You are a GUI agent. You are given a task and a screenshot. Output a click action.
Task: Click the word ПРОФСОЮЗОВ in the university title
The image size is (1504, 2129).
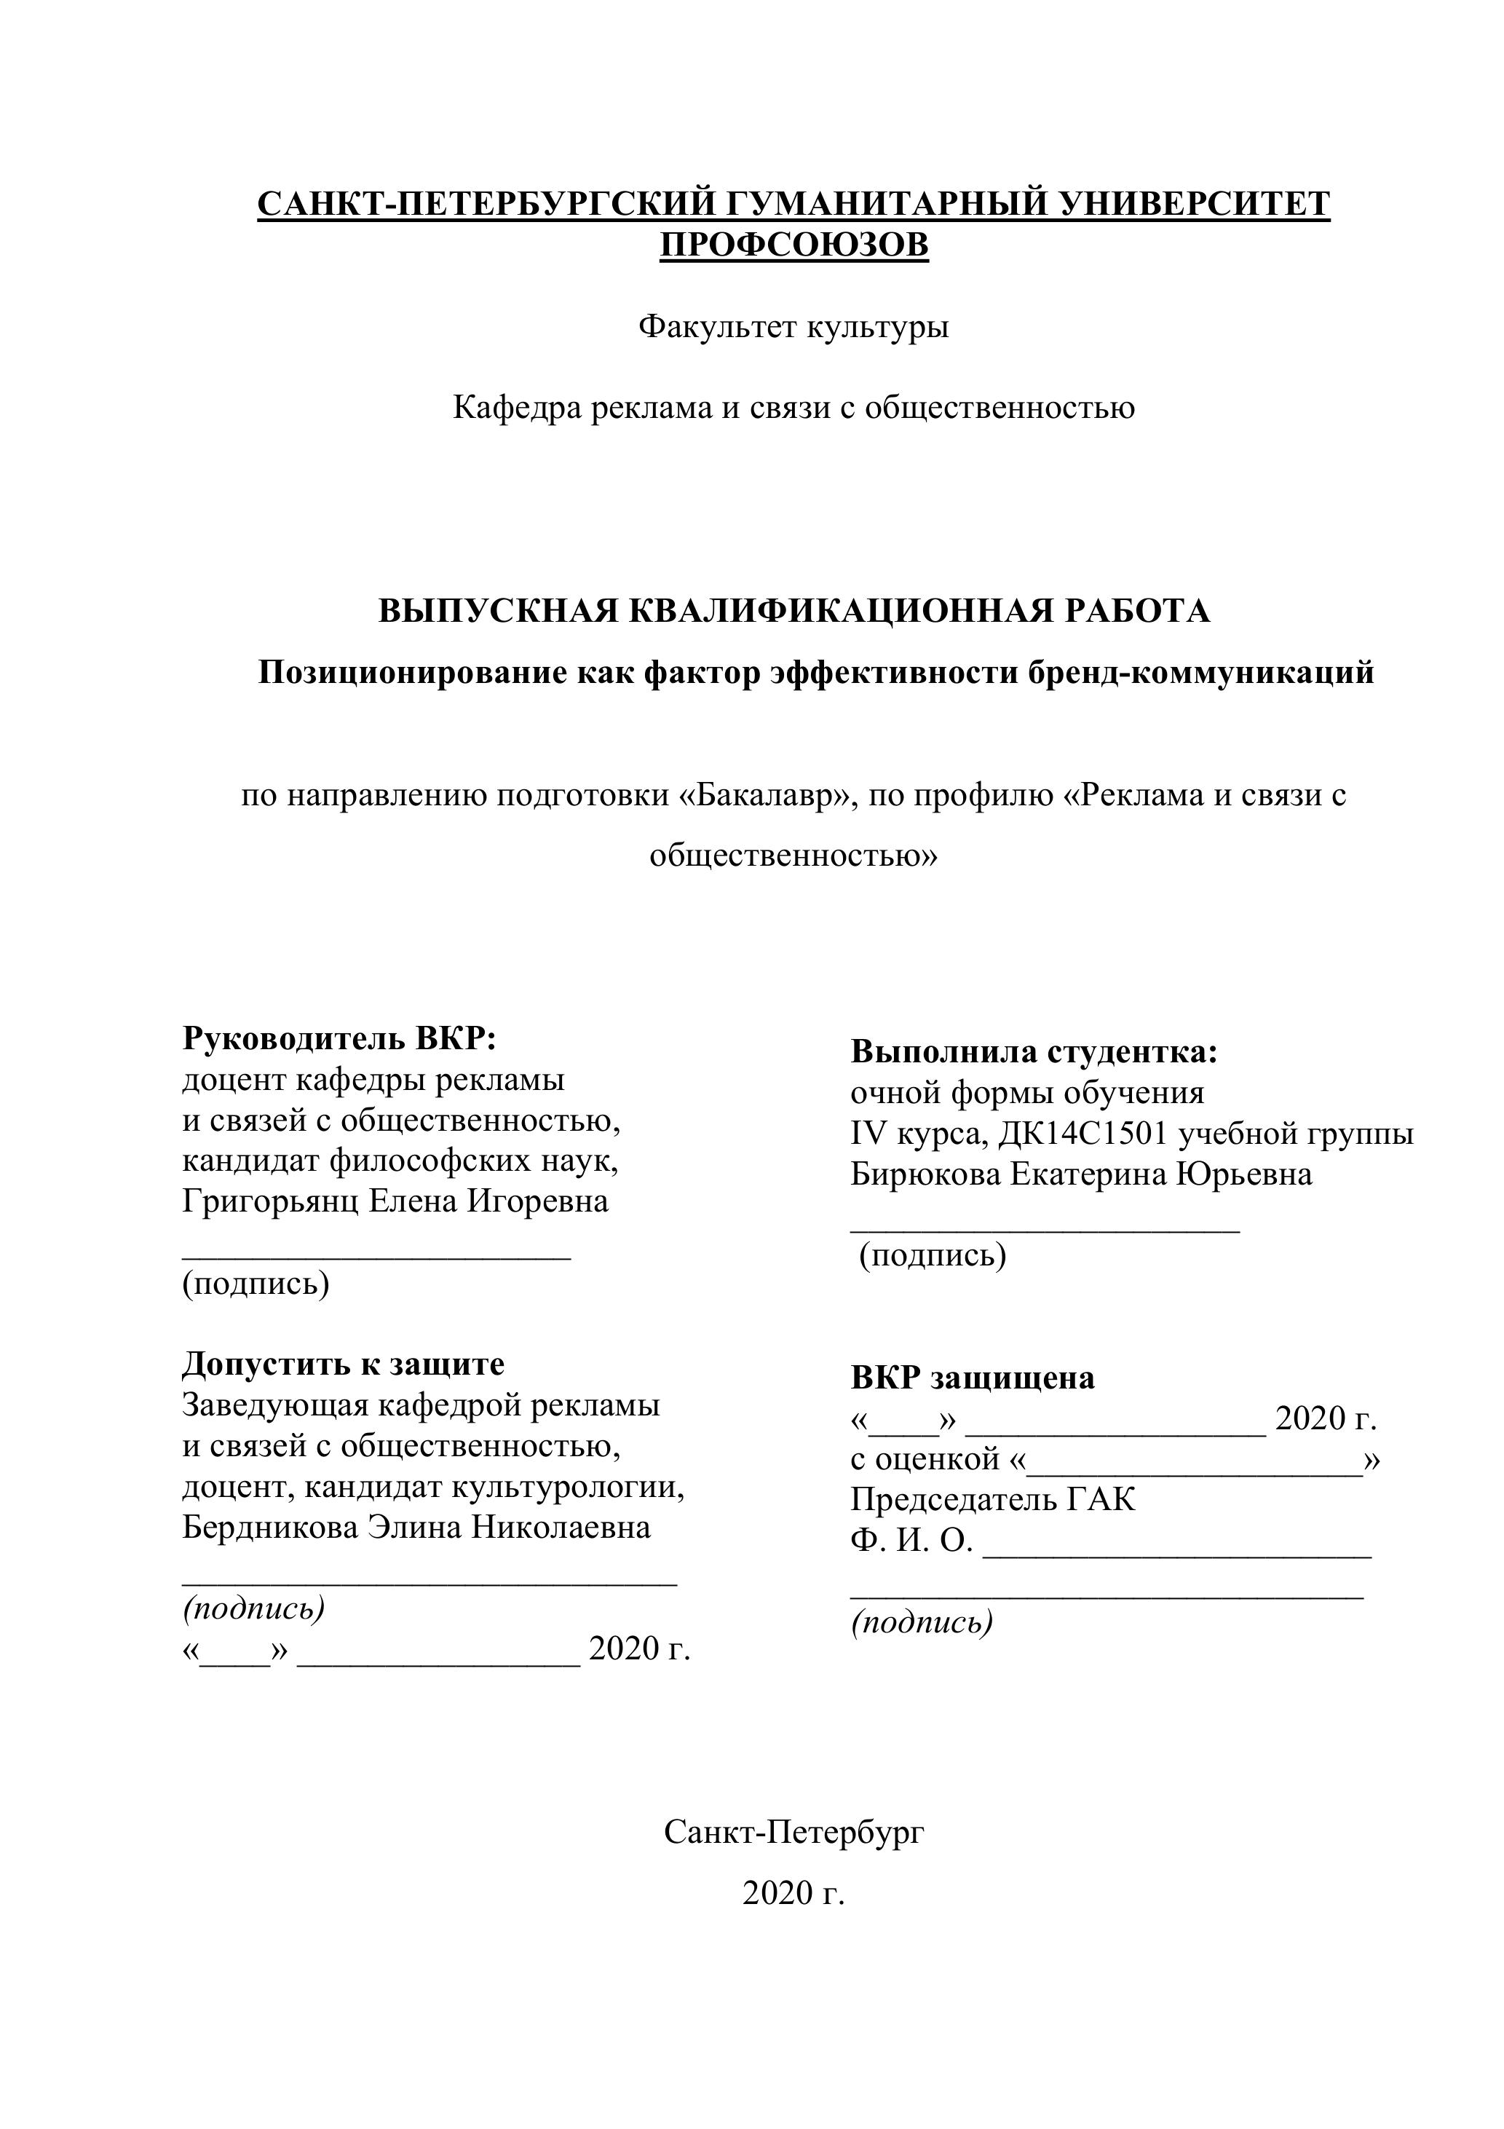[793, 245]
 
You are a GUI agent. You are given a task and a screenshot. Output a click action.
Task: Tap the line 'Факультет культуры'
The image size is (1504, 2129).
[793, 326]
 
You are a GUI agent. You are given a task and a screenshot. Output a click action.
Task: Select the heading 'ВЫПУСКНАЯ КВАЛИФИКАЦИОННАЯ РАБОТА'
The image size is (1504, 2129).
[793, 611]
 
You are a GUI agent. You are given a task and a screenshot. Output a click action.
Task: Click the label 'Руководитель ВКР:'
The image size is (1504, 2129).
[339, 1038]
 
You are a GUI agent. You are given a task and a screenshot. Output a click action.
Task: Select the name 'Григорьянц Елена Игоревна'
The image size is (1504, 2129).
[395, 1201]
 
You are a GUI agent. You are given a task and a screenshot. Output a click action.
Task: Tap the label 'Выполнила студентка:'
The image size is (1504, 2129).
[1034, 1052]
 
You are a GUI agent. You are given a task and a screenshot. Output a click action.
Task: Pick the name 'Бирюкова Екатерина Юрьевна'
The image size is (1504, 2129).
[1081, 1175]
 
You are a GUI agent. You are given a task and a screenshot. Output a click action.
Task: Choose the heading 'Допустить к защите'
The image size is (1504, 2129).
[343, 1364]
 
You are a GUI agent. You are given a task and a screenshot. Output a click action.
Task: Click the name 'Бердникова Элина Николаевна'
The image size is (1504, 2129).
[416, 1527]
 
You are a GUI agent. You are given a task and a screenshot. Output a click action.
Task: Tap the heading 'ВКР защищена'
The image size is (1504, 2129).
[973, 1378]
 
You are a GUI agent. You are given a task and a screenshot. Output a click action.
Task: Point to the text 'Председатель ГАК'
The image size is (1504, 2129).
[993, 1499]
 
